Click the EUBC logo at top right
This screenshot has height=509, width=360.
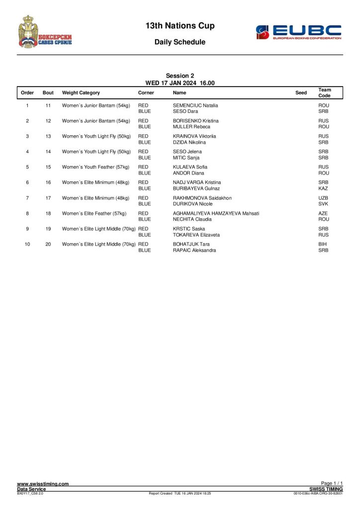[298, 32]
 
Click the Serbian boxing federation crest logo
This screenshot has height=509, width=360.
[45, 31]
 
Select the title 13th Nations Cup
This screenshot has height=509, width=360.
[180, 25]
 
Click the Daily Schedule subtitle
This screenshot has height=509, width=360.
[180, 42]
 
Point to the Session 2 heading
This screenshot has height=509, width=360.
[180, 76]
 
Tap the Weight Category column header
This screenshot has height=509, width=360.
[81, 93]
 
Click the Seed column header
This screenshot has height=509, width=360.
[301, 93]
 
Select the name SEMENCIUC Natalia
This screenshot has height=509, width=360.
[195, 105]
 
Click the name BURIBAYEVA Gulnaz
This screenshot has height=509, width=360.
[196, 188]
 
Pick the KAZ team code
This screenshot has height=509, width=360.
[323, 188]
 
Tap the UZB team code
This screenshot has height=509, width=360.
[323, 198]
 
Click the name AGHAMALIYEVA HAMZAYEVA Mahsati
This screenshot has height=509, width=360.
[216, 213]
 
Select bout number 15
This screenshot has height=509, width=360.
[48, 167]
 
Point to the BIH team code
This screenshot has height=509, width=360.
[323, 244]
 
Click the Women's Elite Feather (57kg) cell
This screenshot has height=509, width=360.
[94, 213]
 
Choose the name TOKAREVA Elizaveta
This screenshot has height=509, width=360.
[196, 235]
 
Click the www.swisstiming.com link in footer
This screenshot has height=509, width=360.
[43, 484]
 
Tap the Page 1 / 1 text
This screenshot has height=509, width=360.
[332, 483]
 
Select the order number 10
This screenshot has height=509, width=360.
[27, 244]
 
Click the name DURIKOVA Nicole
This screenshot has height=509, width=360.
[193, 204]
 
